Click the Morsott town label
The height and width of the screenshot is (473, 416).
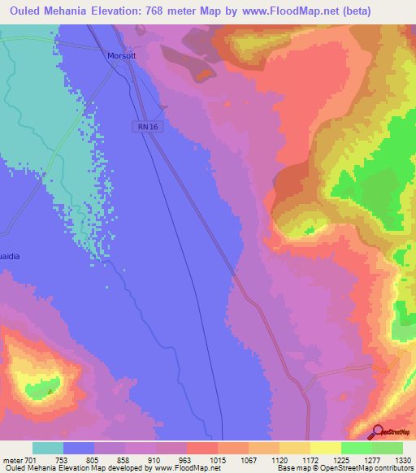click(x=123, y=56)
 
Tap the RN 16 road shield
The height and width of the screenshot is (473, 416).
click(x=144, y=126)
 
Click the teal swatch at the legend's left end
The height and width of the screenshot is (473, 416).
click(x=47, y=448)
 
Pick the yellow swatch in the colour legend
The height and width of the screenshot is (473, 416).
click(x=325, y=448)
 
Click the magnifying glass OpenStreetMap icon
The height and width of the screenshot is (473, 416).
click(x=378, y=432)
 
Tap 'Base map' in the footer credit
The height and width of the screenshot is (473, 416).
click(x=294, y=468)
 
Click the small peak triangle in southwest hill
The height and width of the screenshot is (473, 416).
click(x=50, y=391)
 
